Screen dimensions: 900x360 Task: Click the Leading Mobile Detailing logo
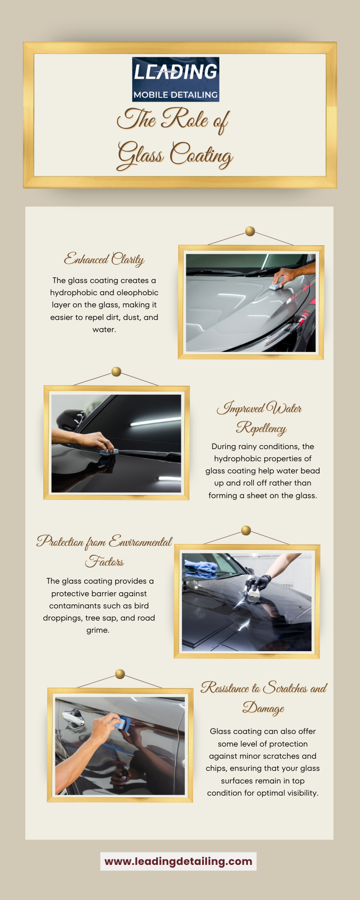[175, 79]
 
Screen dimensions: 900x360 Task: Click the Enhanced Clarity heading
[104, 259]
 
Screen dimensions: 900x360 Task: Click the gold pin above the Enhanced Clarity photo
[250, 232]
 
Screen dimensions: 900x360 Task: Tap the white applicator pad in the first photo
[275, 286]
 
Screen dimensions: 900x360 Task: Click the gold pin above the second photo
[116, 372]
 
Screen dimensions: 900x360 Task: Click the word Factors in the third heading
[104, 562]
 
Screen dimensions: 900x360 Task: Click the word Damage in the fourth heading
[263, 708]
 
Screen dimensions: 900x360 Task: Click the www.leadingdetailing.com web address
[178, 861]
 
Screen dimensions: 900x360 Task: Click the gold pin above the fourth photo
[120, 674]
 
